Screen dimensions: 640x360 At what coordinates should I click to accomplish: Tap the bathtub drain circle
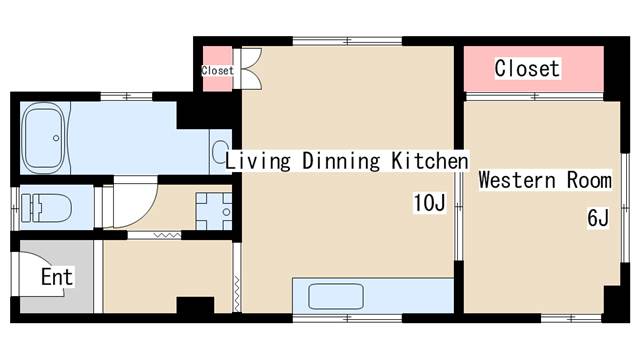[x=56, y=138]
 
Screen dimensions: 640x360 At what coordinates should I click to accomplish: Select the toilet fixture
[x=46, y=208]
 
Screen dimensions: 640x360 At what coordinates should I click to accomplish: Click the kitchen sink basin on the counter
[x=336, y=296]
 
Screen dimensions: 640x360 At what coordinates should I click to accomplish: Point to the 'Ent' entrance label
[x=57, y=277]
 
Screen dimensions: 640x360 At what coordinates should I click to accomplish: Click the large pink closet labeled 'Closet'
[x=533, y=69]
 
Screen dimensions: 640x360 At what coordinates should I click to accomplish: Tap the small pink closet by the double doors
[x=218, y=69]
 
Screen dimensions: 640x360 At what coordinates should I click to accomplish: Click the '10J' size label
[x=429, y=202]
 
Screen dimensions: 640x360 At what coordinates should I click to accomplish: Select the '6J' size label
[x=598, y=217]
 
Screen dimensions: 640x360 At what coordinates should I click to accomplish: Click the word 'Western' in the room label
[x=517, y=180]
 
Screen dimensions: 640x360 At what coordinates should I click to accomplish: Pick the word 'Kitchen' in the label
[x=430, y=160]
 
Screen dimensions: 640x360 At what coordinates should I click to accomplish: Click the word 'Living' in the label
[x=258, y=161]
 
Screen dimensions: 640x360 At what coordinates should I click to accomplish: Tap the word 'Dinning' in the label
[x=341, y=161]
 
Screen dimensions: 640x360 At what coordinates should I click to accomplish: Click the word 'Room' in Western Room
[x=589, y=180]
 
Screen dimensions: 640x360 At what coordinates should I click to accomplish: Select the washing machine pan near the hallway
[x=213, y=211]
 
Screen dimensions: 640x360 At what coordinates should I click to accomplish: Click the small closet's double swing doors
[x=251, y=69]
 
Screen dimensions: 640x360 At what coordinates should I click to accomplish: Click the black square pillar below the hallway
[x=195, y=305]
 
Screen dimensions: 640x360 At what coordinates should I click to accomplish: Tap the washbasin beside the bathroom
[x=221, y=151]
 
